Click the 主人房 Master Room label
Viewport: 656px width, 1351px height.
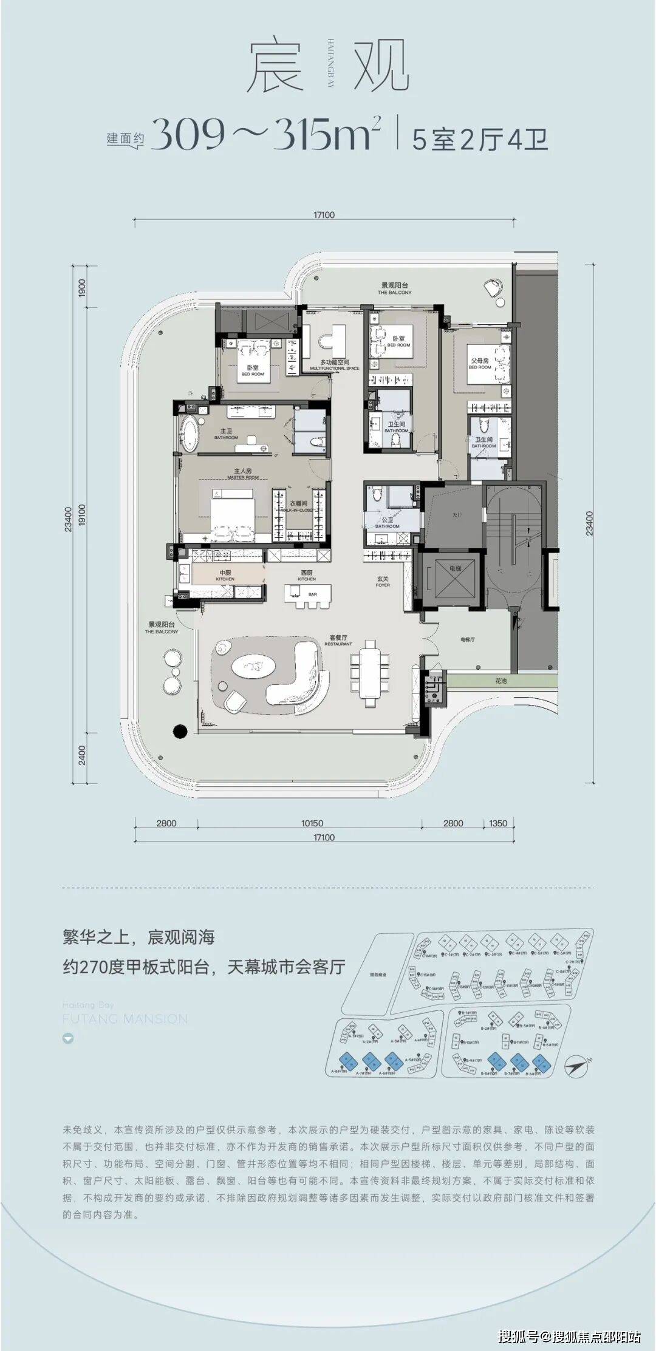click(243, 471)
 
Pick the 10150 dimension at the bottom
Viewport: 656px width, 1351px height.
click(312, 823)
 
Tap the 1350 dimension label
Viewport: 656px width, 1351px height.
click(497, 823)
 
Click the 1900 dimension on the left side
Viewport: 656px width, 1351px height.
click(83, 288)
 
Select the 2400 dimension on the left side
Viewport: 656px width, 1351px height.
click(83, 755)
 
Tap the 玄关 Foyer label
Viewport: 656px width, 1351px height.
click(382, 581)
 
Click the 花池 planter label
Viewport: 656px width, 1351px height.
click(500, 681)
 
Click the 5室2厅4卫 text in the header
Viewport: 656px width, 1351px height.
click(480, 140)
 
